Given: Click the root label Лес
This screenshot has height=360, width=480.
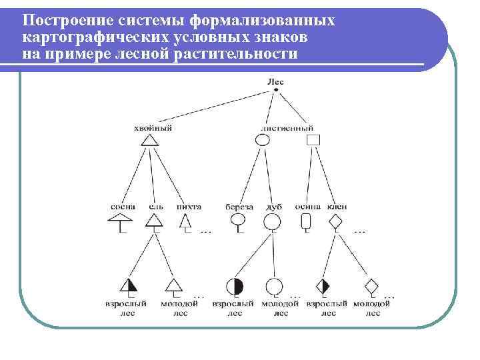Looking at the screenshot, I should (275, 81).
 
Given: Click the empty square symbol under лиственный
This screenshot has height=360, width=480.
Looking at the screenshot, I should (313, 140).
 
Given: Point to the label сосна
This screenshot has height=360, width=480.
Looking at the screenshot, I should (123, 207).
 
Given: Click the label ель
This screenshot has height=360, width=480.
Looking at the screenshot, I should (155, 207).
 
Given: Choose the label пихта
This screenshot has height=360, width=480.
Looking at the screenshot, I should (189, 207).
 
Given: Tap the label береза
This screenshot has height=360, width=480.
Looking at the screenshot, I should (239, 207).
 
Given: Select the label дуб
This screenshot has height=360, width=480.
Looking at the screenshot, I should (273, 207).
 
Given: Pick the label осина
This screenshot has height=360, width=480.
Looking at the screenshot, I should (308, 207).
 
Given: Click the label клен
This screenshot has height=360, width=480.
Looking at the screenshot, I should (337, 207).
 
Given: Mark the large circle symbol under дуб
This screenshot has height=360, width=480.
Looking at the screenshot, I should (272, 221).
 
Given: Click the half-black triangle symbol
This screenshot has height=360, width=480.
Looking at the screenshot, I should (129, 286).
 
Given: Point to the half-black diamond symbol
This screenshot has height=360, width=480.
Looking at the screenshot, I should (323, 287).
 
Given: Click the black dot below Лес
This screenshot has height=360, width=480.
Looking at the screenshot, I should (275, 90).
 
